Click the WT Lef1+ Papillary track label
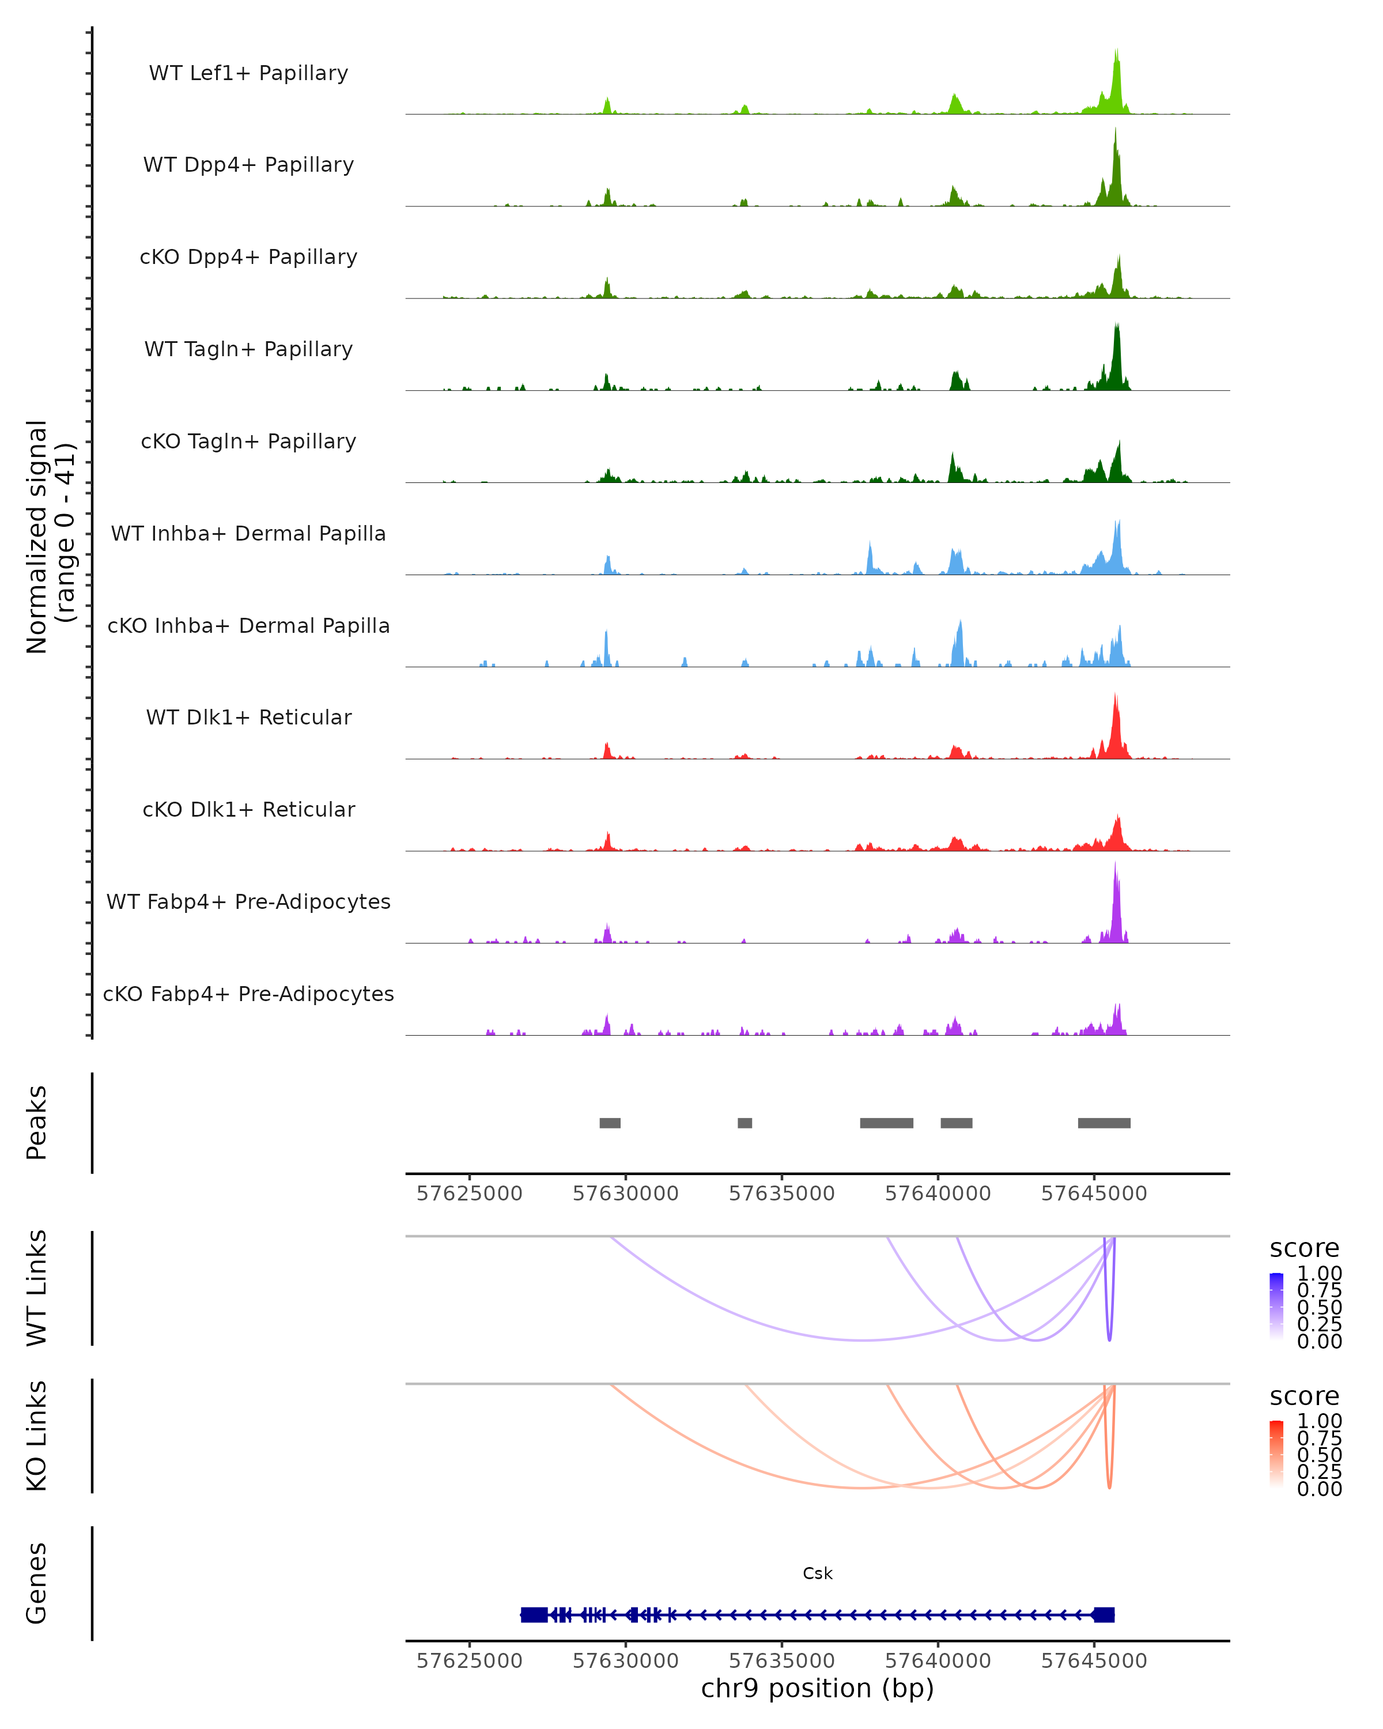248,73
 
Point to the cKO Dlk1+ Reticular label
248,809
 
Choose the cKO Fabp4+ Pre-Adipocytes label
248,994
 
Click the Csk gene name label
817,1573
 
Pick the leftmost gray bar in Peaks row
610,1123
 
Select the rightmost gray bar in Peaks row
1104,1123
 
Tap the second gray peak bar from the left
745,1123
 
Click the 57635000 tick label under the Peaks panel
782,1194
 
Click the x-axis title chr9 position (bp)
817,1688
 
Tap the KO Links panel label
37,1436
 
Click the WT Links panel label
37,1288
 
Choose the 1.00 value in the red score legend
1319,1421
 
